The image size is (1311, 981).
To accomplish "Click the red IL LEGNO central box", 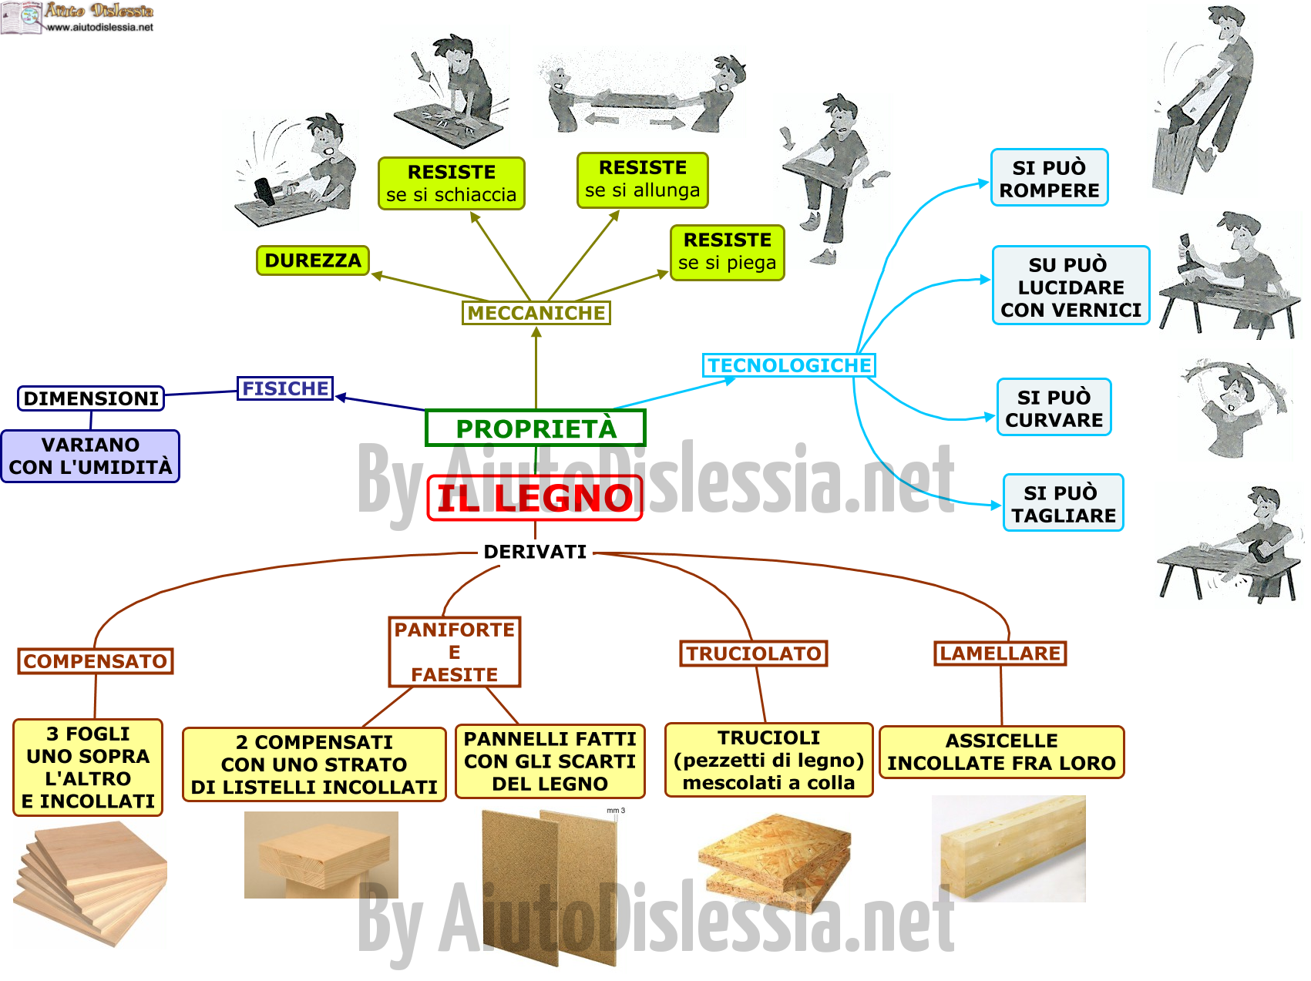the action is click(535, 498).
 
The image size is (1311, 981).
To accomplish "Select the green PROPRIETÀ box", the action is click(536, 428).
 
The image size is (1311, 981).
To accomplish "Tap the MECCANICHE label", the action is click(536, 313).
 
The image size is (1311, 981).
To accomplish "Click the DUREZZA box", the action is click(313, 260).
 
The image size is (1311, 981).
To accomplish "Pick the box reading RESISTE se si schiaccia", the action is click(452, 183).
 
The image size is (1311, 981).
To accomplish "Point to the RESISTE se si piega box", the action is click(728, 252).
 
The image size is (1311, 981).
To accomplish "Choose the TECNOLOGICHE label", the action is click(789, 365).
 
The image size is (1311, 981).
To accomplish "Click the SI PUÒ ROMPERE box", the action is click(1050, 178).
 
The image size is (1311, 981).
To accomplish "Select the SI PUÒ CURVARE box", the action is click(1054, 408).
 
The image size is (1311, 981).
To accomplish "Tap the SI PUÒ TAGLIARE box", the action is click(1064, 503).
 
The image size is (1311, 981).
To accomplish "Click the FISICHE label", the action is click(285, 388).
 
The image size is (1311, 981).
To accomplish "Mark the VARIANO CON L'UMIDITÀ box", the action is click(90, 456).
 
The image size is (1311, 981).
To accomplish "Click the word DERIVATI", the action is click(535, 552).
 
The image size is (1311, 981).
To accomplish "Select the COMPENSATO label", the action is click(96, 661).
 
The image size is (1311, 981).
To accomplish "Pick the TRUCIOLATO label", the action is click(754, 653).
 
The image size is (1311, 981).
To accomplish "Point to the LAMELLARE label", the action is click(1000, 653).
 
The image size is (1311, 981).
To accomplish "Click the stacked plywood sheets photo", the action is click(90, 883).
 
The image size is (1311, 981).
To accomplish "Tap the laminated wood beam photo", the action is click(1009, 848).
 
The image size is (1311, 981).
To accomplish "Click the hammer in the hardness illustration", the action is click(266, 190).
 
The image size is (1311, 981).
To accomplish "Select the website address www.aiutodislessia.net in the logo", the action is click(100, 27).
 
